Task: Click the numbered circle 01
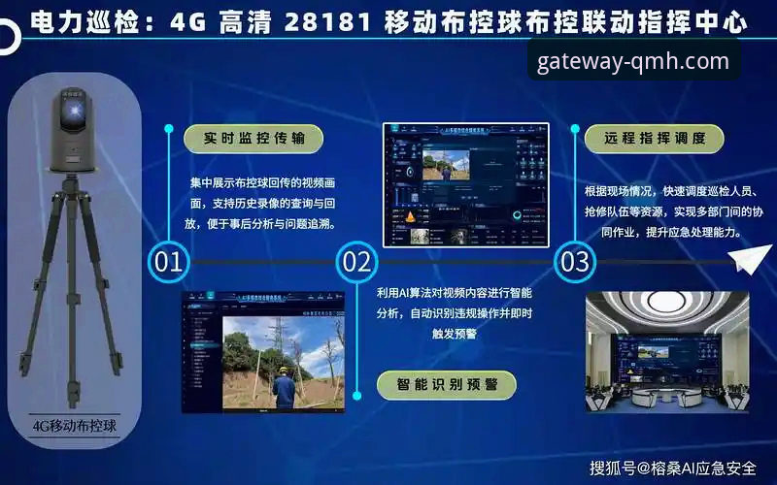pyautogui.click(x=168, y=262)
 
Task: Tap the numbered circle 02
pyautogui.click(x=356, y=262)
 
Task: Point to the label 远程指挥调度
pyautogui.click(x=655, y=138)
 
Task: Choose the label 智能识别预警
pyautogui.click(x=447, y=384)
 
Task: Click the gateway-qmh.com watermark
pyautogui.click(x=632, y=62)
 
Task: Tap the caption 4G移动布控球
pyautogui.click(x=73, y=425)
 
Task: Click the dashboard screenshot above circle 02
pyautogui.click(x=465, y=183)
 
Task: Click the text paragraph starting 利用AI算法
pyautogui.click(x=455, y=313)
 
